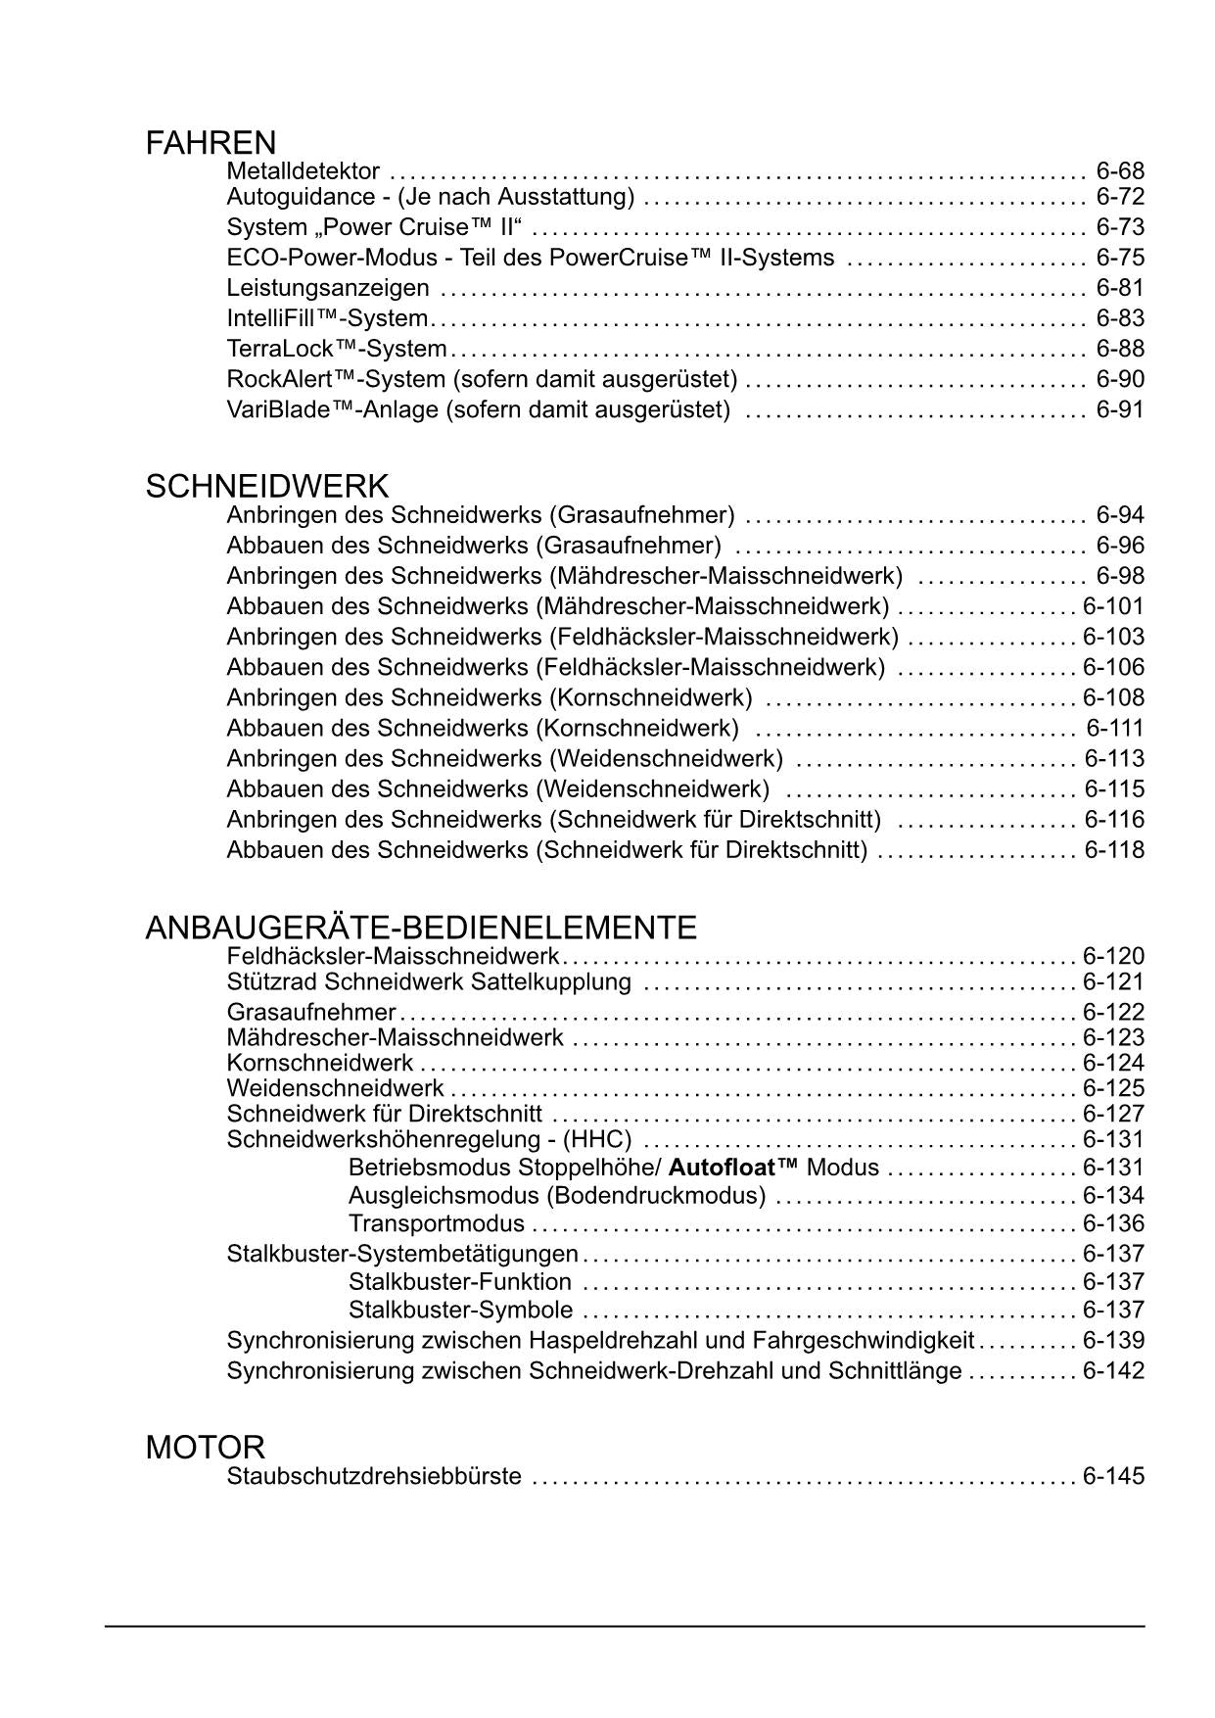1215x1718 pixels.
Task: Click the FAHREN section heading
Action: click(210, 144)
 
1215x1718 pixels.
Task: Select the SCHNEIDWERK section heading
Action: click(266, 487)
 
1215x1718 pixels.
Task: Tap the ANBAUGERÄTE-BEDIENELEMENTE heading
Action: click(421, 928)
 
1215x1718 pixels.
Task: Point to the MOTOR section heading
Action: click(206, 1448)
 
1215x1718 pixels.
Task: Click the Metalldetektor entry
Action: click(303, 171)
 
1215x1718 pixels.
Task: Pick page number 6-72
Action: click(1119, 197)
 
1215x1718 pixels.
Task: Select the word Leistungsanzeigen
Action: click(328, 288)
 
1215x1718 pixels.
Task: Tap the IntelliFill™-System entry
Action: click(328, 318)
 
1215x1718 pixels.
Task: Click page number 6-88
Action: click(1119, 349)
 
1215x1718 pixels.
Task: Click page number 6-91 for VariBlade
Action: click(1119, 409)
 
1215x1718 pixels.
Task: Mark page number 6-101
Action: click(1113, 606)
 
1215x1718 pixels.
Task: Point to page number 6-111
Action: click(1114, 728)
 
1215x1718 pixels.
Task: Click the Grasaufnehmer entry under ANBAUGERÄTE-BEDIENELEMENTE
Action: click(311, 1012)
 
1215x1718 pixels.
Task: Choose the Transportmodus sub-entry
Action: click(437, 1223)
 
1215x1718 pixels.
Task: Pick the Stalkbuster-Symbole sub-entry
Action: click(460, 1310)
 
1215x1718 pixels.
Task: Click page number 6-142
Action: click(1113, 1370)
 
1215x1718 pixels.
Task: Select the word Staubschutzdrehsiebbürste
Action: click(374, 1476)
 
